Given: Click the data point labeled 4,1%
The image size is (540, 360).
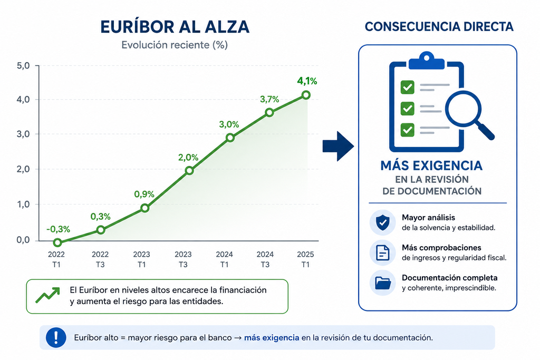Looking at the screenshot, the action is [x=306, y=95].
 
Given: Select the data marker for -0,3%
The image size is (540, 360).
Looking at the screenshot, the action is [x=57, y=242].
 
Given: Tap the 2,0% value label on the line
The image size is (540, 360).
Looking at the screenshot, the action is [x=188, y=157].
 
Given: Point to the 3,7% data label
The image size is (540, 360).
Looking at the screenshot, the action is [x=269, y=99].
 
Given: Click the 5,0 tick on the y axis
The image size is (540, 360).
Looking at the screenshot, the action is [x=23, y=65].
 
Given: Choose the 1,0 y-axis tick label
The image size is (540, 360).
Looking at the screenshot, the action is [x=23, y=205].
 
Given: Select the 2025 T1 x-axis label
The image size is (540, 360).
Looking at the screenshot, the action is [x=305, y=259].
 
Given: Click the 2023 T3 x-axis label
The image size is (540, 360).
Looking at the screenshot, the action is [x=183, y=259].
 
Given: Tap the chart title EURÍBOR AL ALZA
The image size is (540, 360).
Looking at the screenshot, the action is [x=175, y=27].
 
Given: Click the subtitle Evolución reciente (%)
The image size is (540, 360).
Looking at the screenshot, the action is [x=175, y=45].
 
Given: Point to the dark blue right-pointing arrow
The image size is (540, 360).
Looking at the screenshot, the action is [x=338, y=146].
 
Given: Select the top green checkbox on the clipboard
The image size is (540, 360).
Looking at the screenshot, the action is [x=408, y=87].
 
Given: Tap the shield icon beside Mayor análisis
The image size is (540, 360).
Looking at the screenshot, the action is [x=383, y=222].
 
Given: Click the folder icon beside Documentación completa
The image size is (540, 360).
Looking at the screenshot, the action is [x=383, y=283].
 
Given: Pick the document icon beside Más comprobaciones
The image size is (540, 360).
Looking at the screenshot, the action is [x=383, y=252].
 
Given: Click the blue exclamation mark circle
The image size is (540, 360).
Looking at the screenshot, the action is [x=56, y=337].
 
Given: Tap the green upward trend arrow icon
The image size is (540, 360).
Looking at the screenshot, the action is [x=47, y=295].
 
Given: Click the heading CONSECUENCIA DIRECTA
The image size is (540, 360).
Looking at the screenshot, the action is [x=439, y=26].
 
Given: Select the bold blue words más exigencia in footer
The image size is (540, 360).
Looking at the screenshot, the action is [x=272, y=338].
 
